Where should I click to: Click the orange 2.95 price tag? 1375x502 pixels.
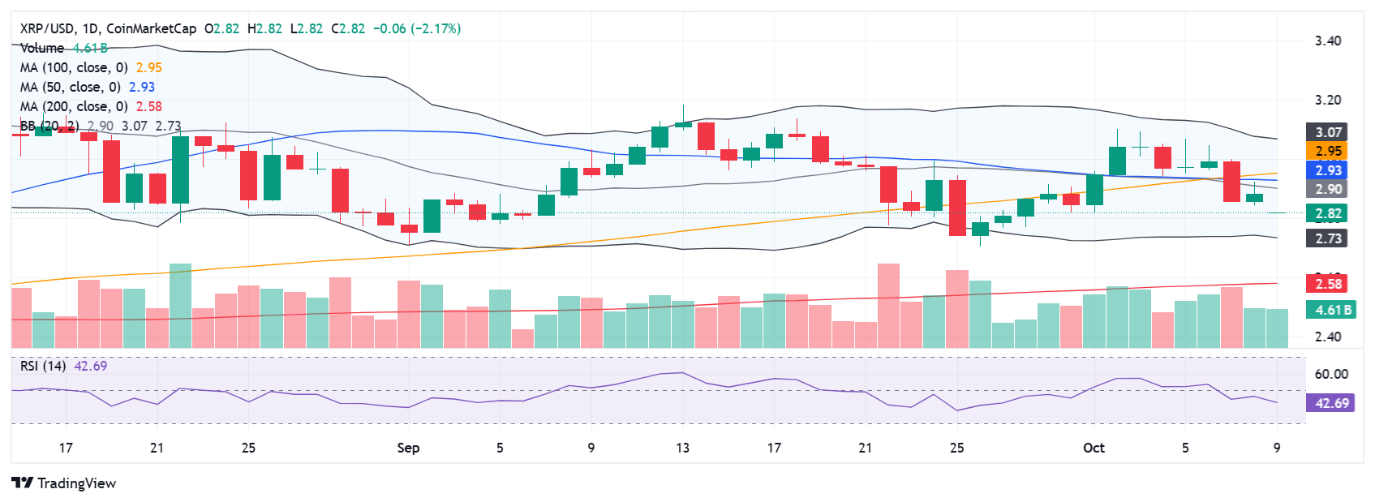[1328, 151]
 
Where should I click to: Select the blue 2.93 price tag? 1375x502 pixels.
[1328, 170]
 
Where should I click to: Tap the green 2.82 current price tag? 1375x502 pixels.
[1328, 214]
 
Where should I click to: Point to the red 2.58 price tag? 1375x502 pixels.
[1328, 284]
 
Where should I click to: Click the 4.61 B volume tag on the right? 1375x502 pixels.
[1333, 310]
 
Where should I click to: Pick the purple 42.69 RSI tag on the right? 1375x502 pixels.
[1331, 403]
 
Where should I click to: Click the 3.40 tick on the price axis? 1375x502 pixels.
[1328, 41]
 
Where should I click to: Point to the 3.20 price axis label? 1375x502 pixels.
[1328, 101]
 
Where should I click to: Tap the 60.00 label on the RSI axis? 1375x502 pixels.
[1331, 374]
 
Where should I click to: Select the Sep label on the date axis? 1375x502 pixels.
[408, 448]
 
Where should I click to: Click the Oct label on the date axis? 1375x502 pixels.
[1094, 448]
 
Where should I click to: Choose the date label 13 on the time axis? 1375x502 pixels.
[682, 448]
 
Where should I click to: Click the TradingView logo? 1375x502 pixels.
[64, 483]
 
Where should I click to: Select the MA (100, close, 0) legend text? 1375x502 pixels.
[74, 68]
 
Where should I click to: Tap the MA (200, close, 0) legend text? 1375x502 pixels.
[74, 107]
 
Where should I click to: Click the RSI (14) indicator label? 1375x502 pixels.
[43, 367]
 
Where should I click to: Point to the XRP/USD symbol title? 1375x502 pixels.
[47, 29]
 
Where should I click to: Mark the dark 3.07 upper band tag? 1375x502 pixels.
[1328, 132]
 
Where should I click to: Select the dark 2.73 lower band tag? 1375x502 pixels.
[1328, 238]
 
